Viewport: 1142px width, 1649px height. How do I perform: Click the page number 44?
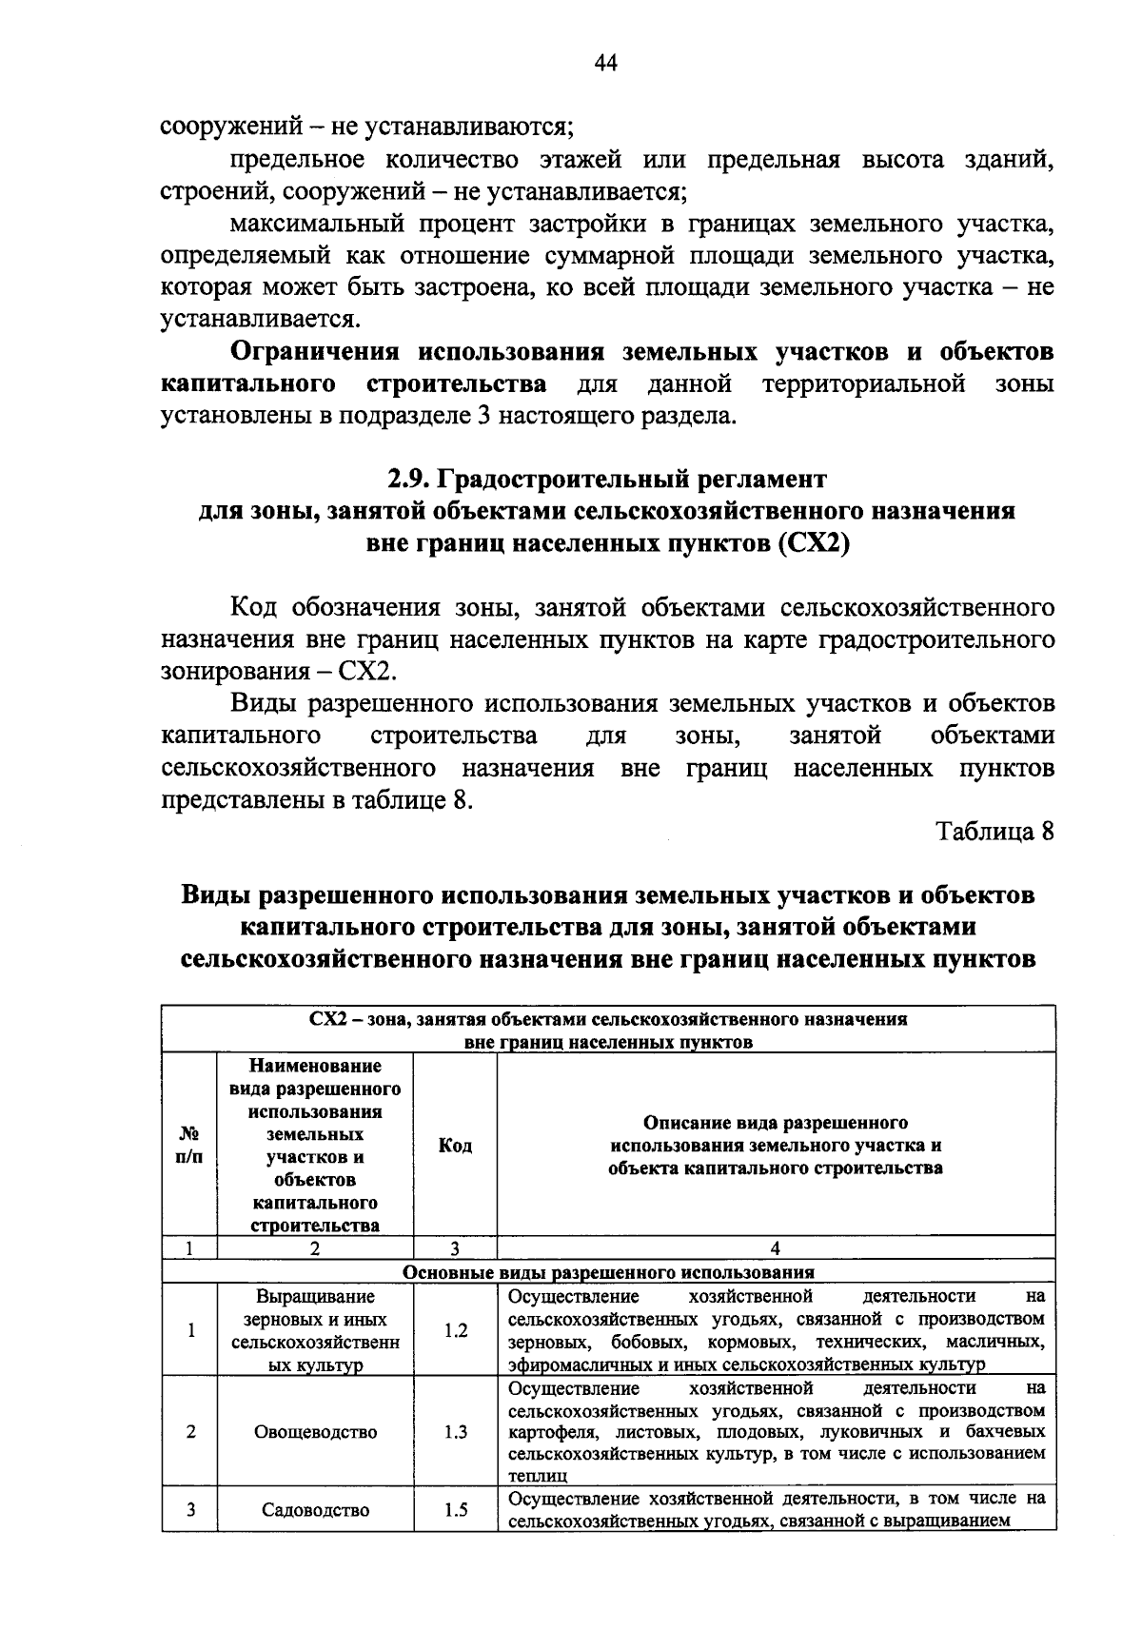point(606,63)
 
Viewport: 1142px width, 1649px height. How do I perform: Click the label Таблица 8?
point(995,831)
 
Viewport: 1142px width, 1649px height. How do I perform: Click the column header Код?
point(455,1146)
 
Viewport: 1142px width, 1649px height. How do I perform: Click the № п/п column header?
point(190,1146)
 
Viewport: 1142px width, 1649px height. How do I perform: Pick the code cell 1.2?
point(455,1330)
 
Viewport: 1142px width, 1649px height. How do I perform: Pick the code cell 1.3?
point(455,1431)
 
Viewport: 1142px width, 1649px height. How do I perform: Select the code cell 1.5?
point(455,1509)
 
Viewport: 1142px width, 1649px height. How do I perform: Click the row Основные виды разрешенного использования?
point(608,1272)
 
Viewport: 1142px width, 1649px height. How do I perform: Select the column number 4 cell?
point(776,1248)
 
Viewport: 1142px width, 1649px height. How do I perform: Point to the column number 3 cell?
point(455,1248)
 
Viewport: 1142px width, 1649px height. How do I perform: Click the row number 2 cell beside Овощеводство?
point(190,1431)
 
